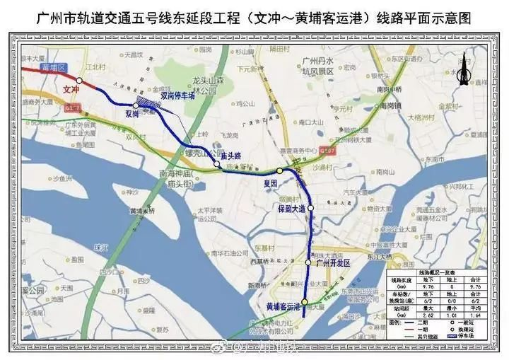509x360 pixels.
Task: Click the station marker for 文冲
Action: [80, 81]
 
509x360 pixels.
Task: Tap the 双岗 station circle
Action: [136, 105]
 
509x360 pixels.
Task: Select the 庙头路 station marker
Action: [217, 165]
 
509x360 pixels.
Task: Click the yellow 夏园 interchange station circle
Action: [280, 171]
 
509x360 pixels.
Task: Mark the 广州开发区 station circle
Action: [308, 263]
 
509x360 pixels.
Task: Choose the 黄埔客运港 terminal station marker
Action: [304, 302]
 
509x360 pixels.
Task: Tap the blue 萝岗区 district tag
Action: [53, 66]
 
